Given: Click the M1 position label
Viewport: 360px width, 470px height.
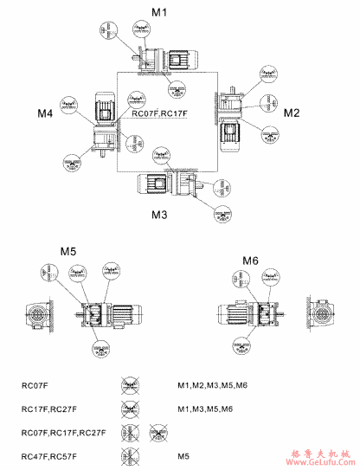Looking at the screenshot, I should (x=159, y=13).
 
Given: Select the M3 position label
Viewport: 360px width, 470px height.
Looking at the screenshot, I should (x=159, y=214).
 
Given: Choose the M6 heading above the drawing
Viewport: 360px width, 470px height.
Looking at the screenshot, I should (x=250, y=260).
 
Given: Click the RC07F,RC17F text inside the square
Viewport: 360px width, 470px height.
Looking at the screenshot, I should (x=159, y=113).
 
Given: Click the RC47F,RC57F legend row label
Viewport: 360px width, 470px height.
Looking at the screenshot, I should (x=48, y=454).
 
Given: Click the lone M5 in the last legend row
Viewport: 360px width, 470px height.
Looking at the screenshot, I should (x=183, y=454).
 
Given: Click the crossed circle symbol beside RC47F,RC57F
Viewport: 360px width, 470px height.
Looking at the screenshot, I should (x=132, y=454).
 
